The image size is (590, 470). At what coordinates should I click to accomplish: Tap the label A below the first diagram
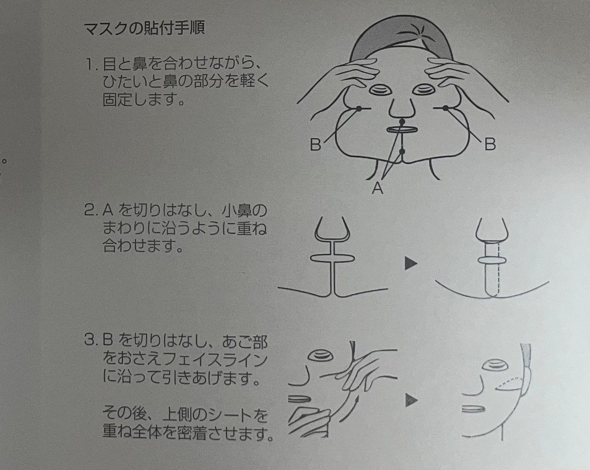(x=377, y=188)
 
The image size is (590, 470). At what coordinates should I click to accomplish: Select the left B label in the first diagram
(x=316, y=144)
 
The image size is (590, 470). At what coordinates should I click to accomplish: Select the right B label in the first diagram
(x=490, y=144)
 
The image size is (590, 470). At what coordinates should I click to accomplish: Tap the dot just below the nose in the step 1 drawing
(x=401, y=123)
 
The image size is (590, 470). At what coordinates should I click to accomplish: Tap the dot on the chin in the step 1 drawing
(x=401, y=152)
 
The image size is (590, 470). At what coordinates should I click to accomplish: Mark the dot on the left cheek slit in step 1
(x=358, y=108)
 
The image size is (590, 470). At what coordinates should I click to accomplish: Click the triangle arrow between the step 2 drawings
(x=411, y=263)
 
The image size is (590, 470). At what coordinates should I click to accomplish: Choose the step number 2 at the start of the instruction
(x=89, y=211)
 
